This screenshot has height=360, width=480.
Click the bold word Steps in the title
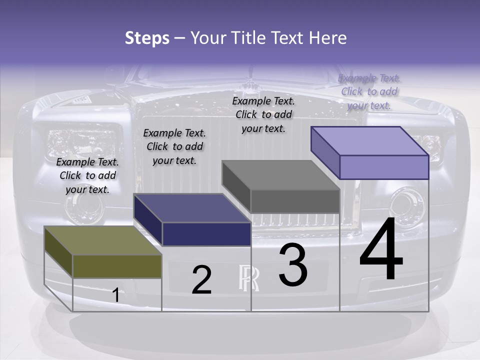[x=147, y=38]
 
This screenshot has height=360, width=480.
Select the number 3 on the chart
[x=293, y=265]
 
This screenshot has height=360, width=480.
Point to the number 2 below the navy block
[x=201, y=280]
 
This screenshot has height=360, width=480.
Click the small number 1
[x=115, y=295]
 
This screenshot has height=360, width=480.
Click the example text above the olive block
[x=88, y=175]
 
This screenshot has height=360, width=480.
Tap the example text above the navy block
[x=174, y=146]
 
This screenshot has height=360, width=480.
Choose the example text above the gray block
[x=263, y=114]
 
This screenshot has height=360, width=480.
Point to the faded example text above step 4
[x=369, y=91]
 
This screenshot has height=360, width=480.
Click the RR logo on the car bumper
[x=248, y=277]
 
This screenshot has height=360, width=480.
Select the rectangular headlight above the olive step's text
[x=82, y=142]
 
